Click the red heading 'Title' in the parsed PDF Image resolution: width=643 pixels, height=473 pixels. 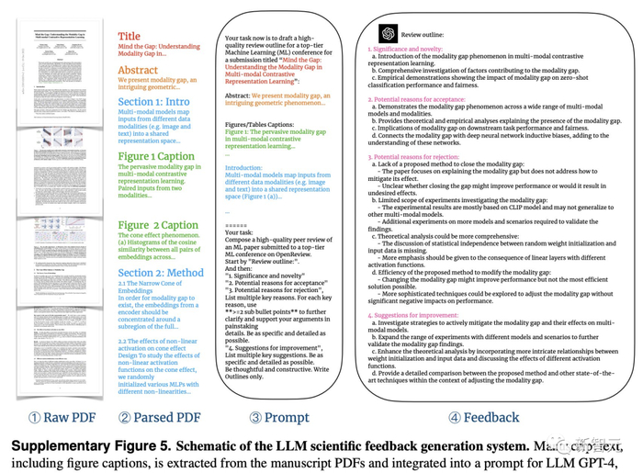(x=129, y=37)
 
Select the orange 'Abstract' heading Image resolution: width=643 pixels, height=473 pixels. (x=138, y=70)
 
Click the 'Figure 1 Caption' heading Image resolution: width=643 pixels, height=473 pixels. (x=157, y=156)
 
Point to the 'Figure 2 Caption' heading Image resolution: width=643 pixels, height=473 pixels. (x=159, y=225)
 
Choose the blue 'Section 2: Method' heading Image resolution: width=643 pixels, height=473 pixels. (x=162, y=273)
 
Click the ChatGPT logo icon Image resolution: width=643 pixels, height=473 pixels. (x=387, y=32)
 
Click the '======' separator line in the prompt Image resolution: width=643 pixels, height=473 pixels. (x=236, y=226)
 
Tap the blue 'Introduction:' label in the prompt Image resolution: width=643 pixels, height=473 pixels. (x=243, y=168)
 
